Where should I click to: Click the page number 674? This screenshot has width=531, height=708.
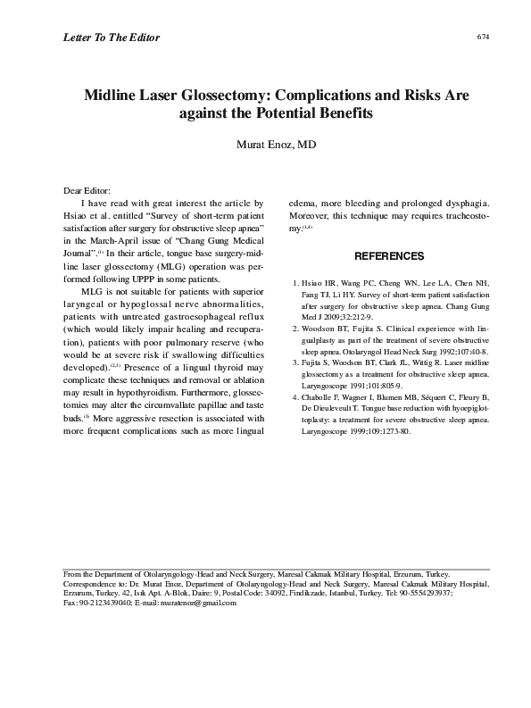point(484,37)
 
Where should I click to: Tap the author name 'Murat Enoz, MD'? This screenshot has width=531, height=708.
point(275,145)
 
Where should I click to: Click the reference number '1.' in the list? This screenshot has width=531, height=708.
point(296,283)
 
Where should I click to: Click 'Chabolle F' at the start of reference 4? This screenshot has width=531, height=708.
point(325,396)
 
